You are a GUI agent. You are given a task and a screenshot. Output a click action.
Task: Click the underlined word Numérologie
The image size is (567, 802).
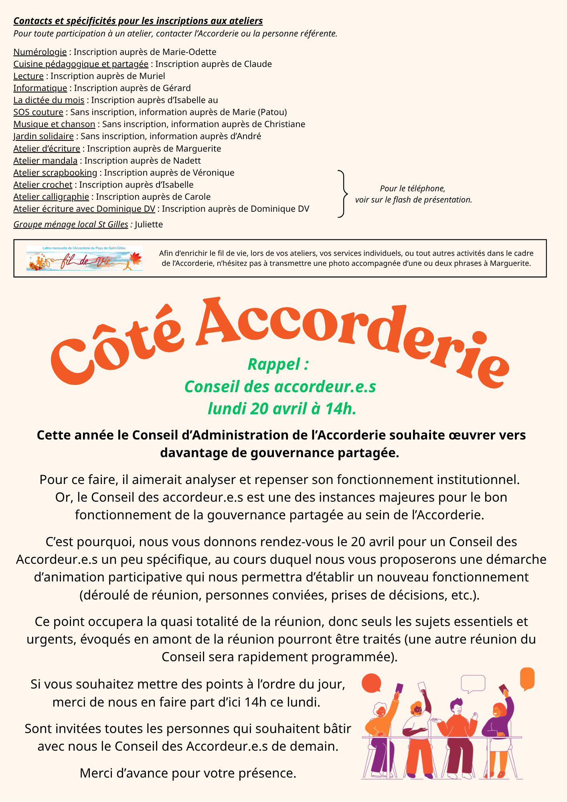click(x=40, y=52)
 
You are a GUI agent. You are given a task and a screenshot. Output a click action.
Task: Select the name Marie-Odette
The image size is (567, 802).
click(x=189, y=52)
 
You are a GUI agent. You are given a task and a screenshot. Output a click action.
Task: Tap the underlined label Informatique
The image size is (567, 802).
click(x=40, y=88)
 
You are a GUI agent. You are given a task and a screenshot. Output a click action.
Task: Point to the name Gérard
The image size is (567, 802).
click(x=177, y=88)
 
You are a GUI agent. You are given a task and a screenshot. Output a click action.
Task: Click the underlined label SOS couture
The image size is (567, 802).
click(x=38, y=112)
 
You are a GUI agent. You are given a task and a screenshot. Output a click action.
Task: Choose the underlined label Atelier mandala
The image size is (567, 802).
click(x=45, y=161)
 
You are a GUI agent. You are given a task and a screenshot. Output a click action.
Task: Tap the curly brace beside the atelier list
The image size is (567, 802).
click(x=342, y=194)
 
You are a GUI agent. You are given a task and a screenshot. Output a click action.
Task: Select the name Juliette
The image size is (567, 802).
click(x=149, y=225)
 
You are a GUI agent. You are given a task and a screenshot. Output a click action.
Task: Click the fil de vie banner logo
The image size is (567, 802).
click(x=85, y=259)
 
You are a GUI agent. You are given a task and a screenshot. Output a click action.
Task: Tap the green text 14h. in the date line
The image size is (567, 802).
click(x=341, y=409)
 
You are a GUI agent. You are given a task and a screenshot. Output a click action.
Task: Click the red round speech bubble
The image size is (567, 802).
click(x=371, y=683)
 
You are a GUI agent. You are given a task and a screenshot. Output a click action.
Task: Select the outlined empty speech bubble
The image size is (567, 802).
click(x=473, y=683)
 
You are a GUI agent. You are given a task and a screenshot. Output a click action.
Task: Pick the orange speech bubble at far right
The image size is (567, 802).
click(x=527, y=678)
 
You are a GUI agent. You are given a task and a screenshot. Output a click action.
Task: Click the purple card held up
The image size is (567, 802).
click(x=399, y=688)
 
